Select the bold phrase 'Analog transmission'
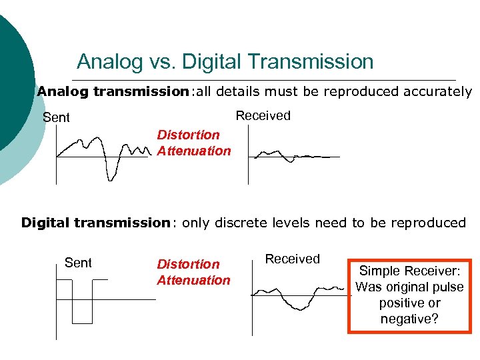113,91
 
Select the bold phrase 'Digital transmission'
96,223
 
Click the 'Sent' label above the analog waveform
56,118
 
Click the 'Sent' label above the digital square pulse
78,263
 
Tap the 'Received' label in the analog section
263,115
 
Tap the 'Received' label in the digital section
293,259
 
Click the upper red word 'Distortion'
188,135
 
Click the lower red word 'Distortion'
188,265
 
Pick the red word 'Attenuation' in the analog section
194,151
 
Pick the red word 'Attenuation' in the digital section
193,280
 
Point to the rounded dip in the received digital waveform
298,305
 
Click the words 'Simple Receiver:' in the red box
409,271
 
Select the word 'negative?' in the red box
409,319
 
